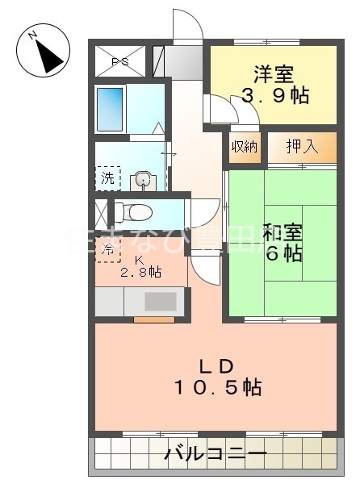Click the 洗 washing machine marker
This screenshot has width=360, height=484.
click(107, 177)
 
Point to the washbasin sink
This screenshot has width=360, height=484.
click(144, 179)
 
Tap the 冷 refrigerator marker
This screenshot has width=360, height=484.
click(107, 249)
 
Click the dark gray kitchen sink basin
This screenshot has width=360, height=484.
click(161, 302)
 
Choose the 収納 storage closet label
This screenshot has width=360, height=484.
click(245, 147)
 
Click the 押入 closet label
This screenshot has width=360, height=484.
click(301, 146)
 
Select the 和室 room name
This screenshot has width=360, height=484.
click(282, 233)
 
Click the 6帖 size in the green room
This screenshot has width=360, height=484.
click(282, 254)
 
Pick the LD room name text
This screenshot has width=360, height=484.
click(216, 364)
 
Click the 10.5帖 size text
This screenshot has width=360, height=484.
click(216, 387)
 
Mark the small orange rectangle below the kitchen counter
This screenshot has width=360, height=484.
click(153, 319)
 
